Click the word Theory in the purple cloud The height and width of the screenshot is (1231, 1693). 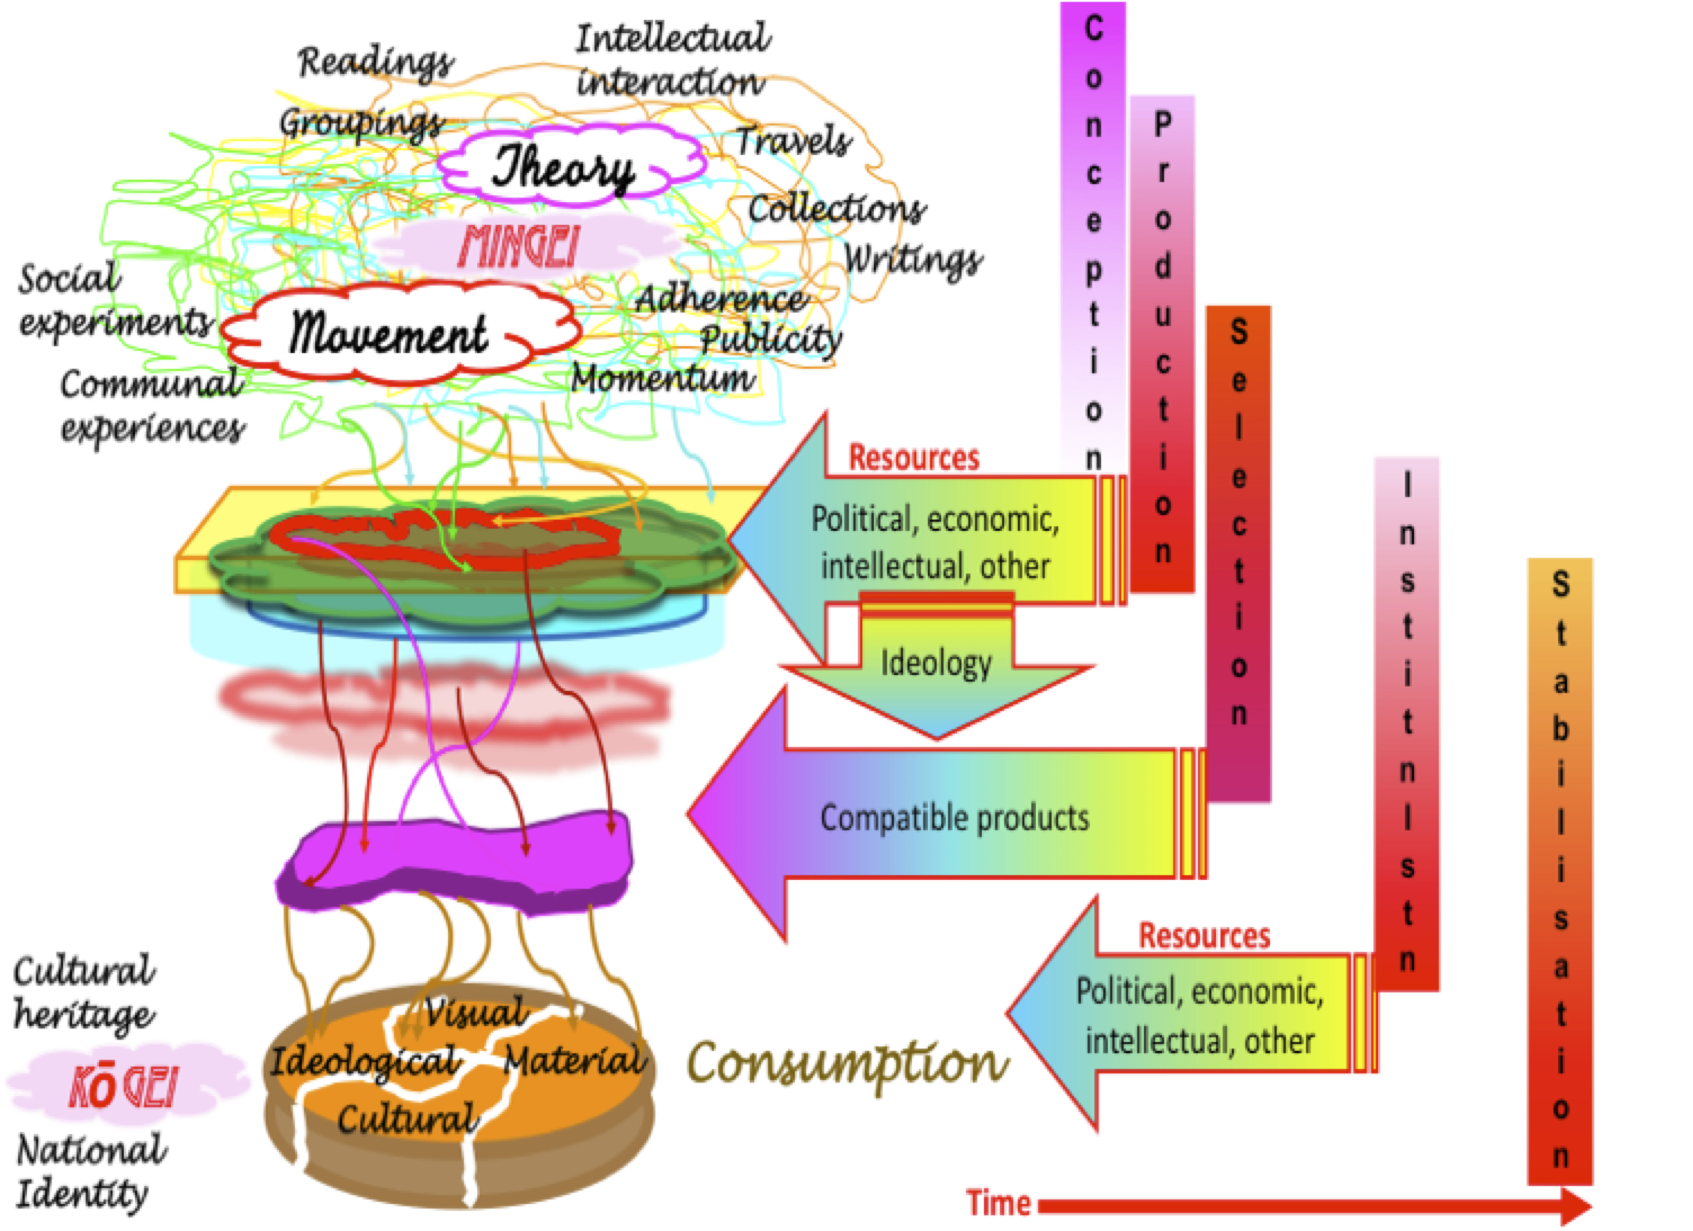(564, 169)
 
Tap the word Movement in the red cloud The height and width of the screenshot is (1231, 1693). (388, 334)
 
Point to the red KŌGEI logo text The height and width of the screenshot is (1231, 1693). (123, 1087)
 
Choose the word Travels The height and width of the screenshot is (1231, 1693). (793, 140)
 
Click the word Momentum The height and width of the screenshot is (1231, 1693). (663, 379)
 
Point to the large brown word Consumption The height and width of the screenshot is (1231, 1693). (847, 1063)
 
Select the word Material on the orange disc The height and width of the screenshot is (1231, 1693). (573, 1060)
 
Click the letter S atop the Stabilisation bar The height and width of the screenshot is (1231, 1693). (1560, 584)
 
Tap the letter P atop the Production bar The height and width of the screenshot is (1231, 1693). (1162, 124)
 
